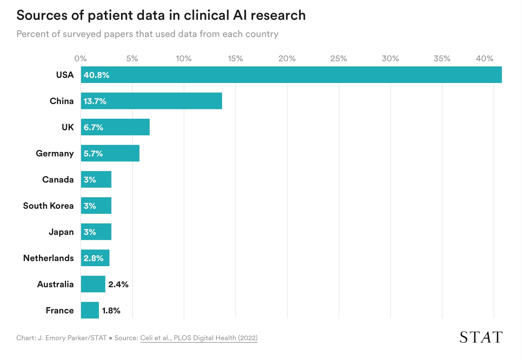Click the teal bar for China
pos(152,101)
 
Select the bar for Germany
pos(110,153)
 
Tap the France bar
pos(90,310)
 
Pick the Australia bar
pos(93,284)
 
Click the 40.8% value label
pos(96,75)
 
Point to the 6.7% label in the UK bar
pos(93,127)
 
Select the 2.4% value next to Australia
pos(118,284)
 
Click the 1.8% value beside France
pos(111,310)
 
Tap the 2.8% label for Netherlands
pos(93,258)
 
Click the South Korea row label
pos(48,206)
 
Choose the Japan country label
pos(61,232)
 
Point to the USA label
pos(65,75)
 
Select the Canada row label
pos(58,180)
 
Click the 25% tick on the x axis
pos(339,58)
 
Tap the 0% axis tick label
pos(80,58)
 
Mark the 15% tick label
pos(235,58)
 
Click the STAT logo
pos(481,337)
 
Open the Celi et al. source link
pos(199,338)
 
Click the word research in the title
pos(278,15)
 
